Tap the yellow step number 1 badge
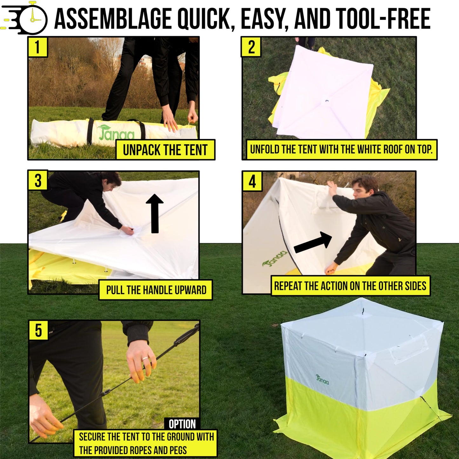click(x=37, y=47)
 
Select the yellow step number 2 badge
click(x=251, y=47)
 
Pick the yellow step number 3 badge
click(x=38, y=180)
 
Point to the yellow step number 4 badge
click(x=252, y=181)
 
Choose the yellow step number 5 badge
click(x=38, y=330)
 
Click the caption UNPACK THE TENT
click(x=165, y=150)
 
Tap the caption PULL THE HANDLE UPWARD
click(x=156, y=290)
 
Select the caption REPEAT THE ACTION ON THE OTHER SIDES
click(x=350, y=286)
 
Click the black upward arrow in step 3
click(x=155, y=213)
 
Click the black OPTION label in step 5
click(x=182, y=424)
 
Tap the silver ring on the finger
click(x=145, y=359)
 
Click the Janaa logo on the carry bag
click(x=116, y=133)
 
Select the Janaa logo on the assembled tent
click(x=322, y=379)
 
